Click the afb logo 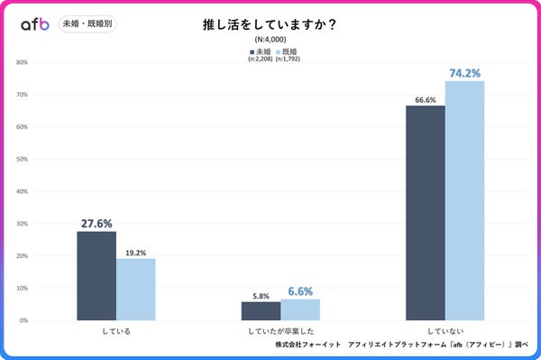click(x=34, y=24)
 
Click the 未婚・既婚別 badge click(x=88, y=24)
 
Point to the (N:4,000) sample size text click(x=270, y=41)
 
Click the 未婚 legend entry click(x=261, y=52)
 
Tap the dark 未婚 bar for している click(x=96, y=275)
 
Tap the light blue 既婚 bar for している click(x=136, y=289)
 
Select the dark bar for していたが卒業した click(x=261, y=310)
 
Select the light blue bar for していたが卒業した click(x=300, y=309)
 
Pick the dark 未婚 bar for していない click(x=425, y=213)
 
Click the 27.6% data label click(x=96, y=223)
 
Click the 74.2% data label click(x=464, y=72)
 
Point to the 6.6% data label click(x=300, y=291)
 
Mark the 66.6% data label click(x=425, y=98)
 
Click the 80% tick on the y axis click(x=23, y=62)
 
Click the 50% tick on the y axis click(x=23, y=159)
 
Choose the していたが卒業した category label click(x=280, y=331)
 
